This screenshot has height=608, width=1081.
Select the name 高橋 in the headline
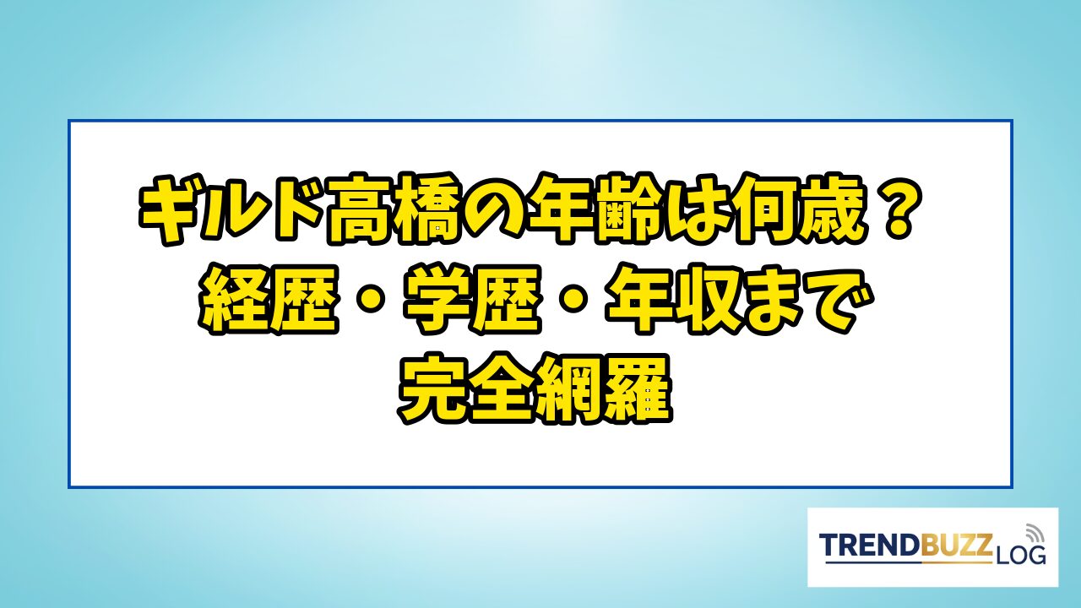[394, 209]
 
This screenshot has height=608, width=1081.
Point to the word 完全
[467, 389]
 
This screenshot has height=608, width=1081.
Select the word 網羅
[603, 389]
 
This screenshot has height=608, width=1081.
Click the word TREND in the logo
[869, 545]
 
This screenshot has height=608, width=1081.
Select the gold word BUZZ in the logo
[955, 545]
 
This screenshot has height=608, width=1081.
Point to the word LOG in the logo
[1020, 555]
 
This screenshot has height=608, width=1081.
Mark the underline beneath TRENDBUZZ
[909, 562]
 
